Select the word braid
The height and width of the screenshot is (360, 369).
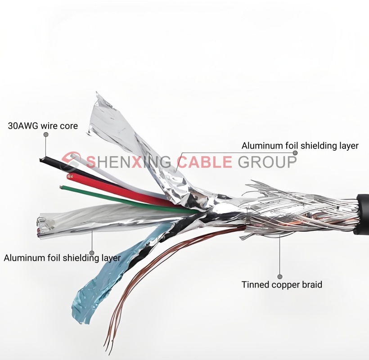coord(312,284)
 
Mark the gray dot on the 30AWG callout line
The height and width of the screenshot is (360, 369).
coord(45,135)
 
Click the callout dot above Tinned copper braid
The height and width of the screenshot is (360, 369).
coord(279,277)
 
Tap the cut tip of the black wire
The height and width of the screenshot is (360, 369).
coord(42,158)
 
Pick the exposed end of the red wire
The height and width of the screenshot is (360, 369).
coord(70,173)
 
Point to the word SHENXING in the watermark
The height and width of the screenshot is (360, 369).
coord(129,161)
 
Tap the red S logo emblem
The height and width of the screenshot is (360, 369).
coord(72,161)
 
